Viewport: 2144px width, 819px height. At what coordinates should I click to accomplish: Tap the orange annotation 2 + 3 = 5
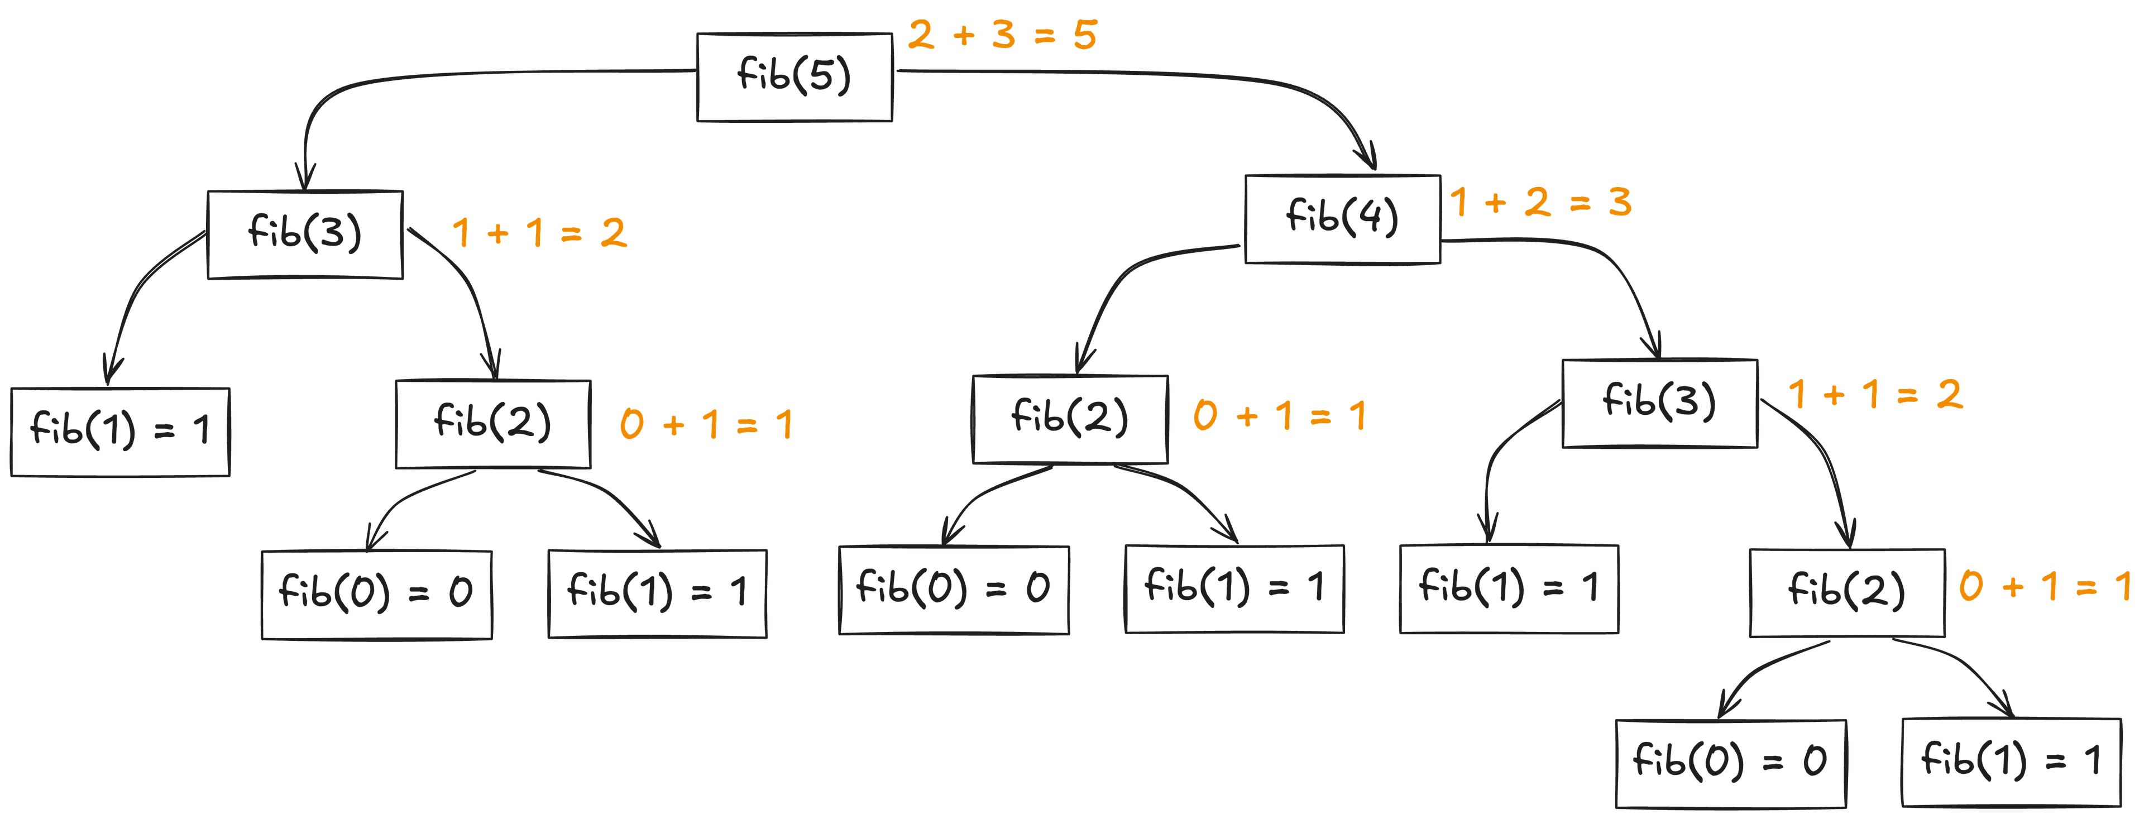1002,35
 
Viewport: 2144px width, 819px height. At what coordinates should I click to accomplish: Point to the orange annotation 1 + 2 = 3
1540,202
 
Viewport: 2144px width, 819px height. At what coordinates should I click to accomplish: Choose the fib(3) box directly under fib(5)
305,234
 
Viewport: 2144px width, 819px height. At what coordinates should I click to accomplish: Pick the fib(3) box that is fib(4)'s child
1659,404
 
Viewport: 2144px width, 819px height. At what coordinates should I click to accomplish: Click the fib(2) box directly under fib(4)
1070,419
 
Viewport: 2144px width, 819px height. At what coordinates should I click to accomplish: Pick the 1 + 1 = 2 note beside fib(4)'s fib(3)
1875,395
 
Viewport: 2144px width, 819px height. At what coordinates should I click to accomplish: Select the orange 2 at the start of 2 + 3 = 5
921,35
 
